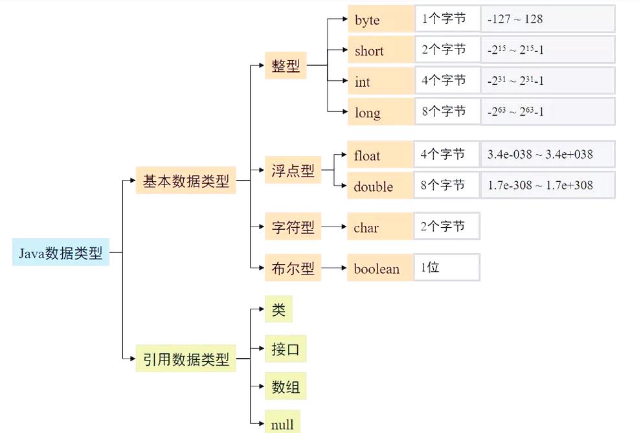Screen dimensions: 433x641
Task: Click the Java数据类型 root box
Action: (61, 253)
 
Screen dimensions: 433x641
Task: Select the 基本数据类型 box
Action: (186, 181)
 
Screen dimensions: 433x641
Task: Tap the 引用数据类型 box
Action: (186, 359)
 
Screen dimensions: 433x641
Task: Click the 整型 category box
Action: (286, 66)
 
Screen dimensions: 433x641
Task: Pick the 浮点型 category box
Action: (293, 171)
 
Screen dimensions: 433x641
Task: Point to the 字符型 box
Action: (293, 227)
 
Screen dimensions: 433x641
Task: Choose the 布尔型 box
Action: (293, 268)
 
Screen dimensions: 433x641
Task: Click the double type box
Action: (380, 186)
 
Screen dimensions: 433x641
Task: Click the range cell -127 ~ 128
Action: (548, 19)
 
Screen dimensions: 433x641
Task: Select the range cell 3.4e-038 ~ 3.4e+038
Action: (548, 155)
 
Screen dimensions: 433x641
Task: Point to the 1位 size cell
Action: (447, 267)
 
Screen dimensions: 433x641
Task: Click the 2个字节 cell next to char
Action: (447, 227)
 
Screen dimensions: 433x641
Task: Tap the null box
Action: (282, 424)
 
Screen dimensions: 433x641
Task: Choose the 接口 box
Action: (286, 350)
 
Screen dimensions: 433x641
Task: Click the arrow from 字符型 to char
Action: (334, 227)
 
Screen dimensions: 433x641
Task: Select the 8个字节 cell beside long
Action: (447, 112)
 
